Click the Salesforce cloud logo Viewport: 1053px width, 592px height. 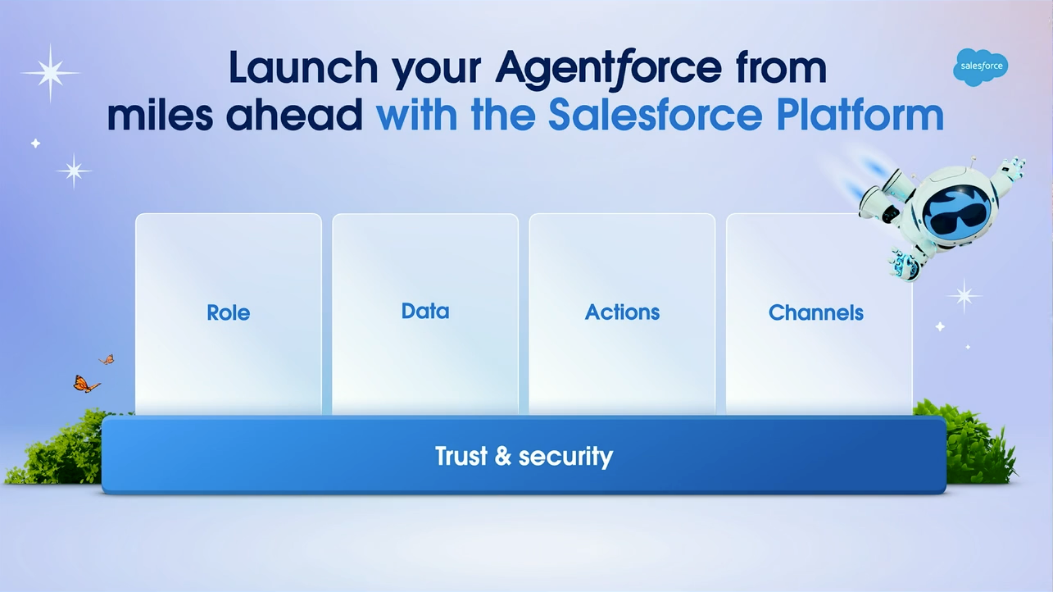pyautogui.click(x=980, y=67)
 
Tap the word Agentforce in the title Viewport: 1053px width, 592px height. pyautogui.click(x=608, y=68)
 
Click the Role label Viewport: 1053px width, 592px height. pyautogui.click(x=229, y=312)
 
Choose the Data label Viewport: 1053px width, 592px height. pyautogui.click(x=425, y=312)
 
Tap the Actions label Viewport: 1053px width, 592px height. pyautogui.click(x=622, y=312)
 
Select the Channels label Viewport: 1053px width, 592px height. pyautogui.click(x=816, y=312)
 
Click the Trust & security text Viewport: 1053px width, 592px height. pyautogui.click(x=524, y=456)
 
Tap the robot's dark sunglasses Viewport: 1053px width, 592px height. pyautogui.click(x=956, y=212)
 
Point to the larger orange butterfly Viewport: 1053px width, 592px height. pyautogui.click(x=85, y=384)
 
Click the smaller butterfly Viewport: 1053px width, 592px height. pyautogui.click(x=107, y=359)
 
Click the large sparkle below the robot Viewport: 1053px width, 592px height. pyautogui.click(x=964, y=295)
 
